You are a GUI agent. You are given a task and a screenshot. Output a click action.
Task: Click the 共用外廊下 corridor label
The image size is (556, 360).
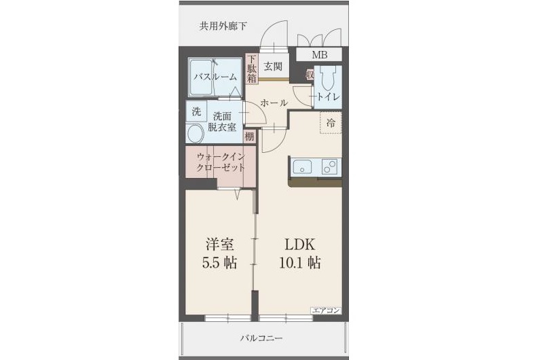click(223, 26)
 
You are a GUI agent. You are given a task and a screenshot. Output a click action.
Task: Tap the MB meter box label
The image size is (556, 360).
click(318, 55)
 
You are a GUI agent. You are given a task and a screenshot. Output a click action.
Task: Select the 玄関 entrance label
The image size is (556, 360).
click(273, 66)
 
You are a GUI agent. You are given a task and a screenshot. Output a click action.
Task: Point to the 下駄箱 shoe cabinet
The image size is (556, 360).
click(251, 68)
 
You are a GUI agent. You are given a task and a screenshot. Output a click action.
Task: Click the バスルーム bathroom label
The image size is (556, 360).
click(215, 77)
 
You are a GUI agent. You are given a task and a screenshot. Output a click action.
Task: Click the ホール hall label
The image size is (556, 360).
click(274, 103)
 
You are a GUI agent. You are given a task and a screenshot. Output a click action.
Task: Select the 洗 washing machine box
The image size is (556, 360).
click(196, 111)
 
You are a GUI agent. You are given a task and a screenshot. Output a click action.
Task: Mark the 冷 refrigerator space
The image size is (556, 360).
click(331, 123)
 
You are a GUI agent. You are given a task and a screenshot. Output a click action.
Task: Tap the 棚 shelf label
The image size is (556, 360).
click(250, 137)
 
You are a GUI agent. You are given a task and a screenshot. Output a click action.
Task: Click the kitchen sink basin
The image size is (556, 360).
click(302, 167)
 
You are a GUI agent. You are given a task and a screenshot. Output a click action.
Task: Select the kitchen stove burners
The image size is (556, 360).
click(331, 167)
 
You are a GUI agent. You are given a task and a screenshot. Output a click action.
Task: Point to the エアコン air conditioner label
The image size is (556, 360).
click(326, 310)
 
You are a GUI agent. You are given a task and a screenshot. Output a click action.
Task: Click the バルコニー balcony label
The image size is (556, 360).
click(261, 338)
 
